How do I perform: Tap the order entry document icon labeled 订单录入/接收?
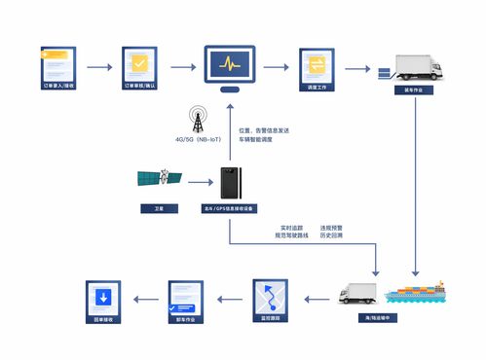(x=57, y=65)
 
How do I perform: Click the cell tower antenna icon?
(x=198, y=121)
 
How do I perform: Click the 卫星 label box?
(x=158, y=208)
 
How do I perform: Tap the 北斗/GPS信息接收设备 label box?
(x=229, y=208)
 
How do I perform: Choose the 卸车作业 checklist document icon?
(x=185, y=296)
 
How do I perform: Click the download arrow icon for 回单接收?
(x=103, y=296)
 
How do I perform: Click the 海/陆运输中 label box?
(x=357, y=318)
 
